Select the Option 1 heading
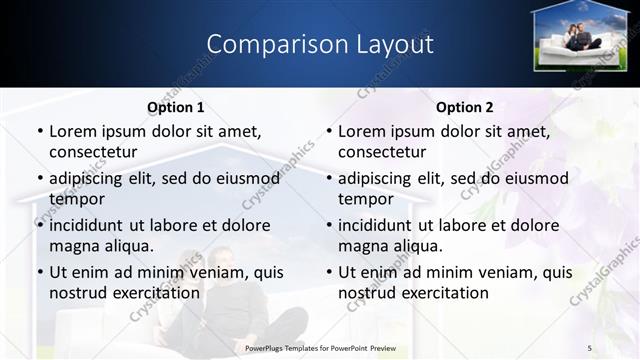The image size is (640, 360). pos(175,107)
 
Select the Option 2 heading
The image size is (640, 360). pos(464,107)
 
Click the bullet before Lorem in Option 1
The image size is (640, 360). pos(39,132)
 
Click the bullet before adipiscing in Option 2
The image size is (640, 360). pos(328,179)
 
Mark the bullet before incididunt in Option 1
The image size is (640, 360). pos(39,226)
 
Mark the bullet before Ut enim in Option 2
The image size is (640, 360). pos(328,273)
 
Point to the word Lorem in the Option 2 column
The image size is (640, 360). pos(363,131)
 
